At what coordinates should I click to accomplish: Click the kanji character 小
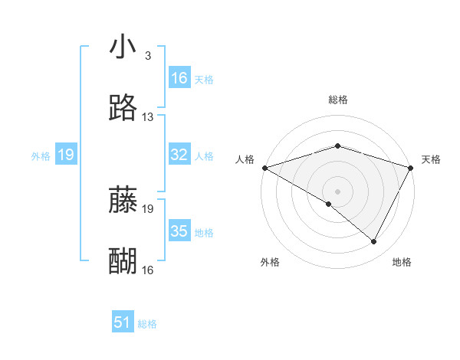tap(123, 47)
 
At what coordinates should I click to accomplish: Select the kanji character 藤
tap(123, 200)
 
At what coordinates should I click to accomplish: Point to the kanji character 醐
tap(123, 260)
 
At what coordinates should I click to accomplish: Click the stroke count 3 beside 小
tap(147, 57)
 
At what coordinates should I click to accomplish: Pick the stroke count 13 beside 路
tap(148, 117)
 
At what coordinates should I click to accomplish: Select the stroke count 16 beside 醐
tap(148, 270)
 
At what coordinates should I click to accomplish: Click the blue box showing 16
tap(179, 78)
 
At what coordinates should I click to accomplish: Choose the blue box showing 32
tap(179, 155)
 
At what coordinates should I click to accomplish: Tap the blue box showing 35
tap(179, 231)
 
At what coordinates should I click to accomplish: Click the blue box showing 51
tap(123, 323)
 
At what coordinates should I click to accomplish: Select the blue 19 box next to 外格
tap(66, 155)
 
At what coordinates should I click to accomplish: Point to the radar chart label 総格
tap(338, 100)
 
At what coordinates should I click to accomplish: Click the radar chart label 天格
tap(431, 159)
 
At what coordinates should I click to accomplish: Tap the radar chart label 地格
tap(402, 262)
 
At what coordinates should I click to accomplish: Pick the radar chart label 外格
tap(270, 262)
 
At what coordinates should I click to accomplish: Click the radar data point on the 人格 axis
tap(264, 168)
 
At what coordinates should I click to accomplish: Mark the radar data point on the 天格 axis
tap(412, 168)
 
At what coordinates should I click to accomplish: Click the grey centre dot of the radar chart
tap(338, 191)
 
